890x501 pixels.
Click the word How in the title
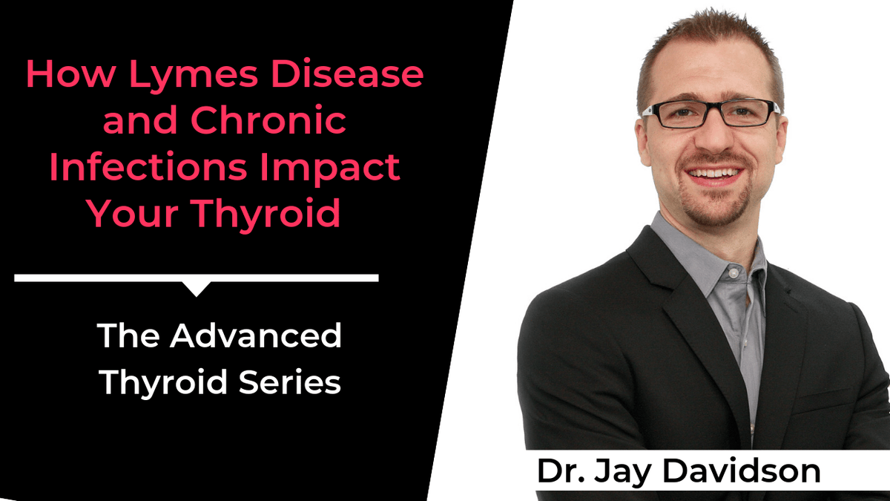[59, 76]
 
